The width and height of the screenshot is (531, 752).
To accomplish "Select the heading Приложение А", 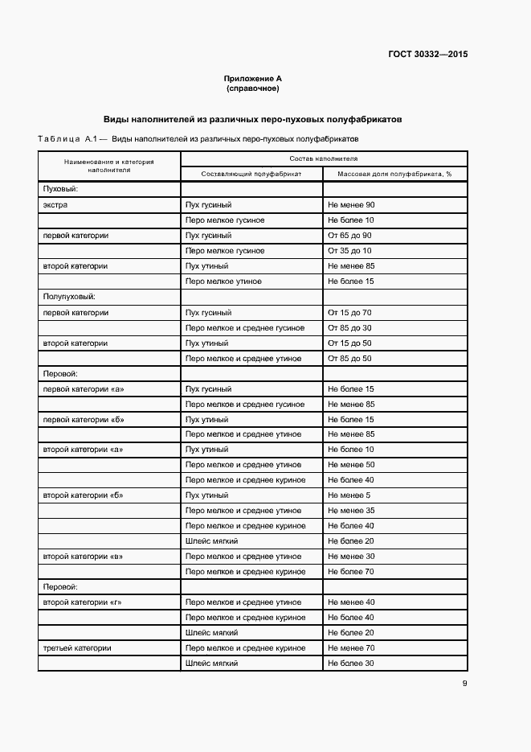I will [252, 79].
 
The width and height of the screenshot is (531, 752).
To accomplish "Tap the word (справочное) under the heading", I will [252, 88].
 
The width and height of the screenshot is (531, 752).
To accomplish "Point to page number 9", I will [464, 684].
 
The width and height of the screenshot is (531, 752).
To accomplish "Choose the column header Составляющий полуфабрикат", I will [251, 174].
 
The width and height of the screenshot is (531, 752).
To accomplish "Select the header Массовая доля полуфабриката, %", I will [394, 174].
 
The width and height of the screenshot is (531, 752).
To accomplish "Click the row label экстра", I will [55, 205].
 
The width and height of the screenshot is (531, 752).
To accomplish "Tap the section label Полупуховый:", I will [69, 297].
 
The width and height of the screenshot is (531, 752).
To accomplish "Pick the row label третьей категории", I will [76, 648].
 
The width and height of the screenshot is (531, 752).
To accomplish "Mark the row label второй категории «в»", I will [82, 557].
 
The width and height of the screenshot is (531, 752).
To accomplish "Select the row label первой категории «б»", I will [83, 419].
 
